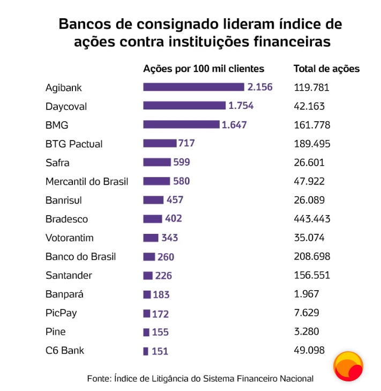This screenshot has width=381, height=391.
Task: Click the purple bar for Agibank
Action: tap(193, 87)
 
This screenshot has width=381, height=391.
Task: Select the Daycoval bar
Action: tap(184, 106)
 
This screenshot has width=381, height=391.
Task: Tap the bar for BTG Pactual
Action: tap(160, 143)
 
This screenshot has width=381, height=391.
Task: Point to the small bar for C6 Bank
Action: tap(146, 351)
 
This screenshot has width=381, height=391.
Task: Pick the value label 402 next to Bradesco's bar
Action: tap(173, 219)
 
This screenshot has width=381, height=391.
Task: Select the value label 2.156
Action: tap(260, 87)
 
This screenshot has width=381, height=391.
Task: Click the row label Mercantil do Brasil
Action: tap(87, 181)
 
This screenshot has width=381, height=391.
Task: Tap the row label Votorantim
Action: tap(70, 238)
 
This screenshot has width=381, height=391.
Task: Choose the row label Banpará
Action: tap(65, 294)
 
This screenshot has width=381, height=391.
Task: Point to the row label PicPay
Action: tap(61, 313)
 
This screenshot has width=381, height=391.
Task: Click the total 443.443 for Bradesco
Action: tap(312, 219)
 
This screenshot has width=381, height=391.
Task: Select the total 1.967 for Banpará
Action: tap(307, 294)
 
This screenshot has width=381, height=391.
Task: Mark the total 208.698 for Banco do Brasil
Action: tap(312, 256)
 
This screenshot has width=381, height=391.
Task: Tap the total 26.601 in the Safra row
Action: tap(309, 163)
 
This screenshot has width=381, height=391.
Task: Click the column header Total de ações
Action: tap(326, 69)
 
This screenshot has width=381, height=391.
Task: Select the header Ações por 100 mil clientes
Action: tap(204, 69)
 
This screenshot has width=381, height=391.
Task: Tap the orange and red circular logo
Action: tap(348, 366)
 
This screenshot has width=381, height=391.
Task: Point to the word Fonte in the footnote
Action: tap(98, 379)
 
